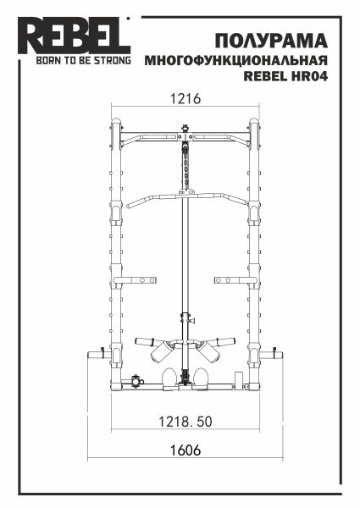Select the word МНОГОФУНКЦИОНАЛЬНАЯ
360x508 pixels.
point(236,62)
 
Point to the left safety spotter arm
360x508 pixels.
point(136,279)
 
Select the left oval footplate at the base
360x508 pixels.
point(167,377)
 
